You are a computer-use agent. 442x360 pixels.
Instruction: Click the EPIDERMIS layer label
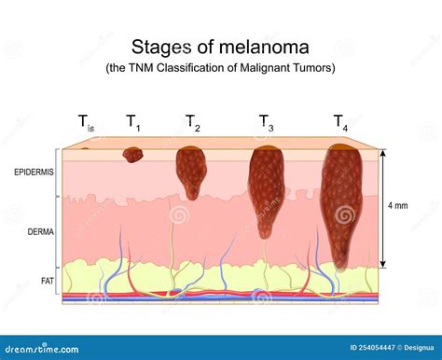click(35, 173)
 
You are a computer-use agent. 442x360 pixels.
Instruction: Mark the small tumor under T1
click(132, 154)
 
